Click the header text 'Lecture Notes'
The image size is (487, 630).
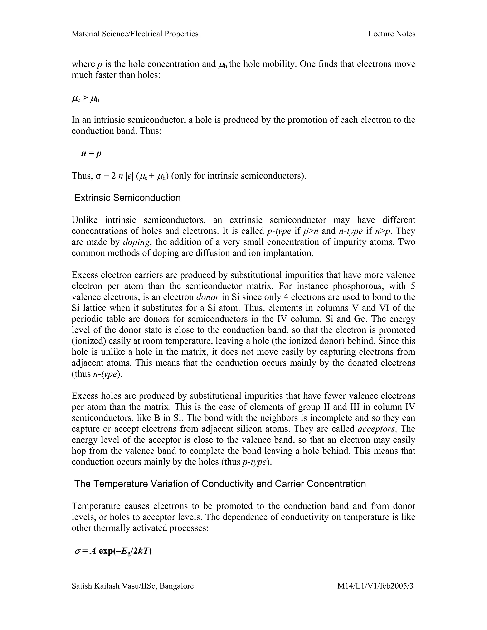[x=391, y=34]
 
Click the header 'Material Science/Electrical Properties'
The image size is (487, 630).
[x=135, y=34]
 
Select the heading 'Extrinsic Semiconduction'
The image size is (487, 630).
[x=127, y=198]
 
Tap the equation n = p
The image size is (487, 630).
[x=91, y=153]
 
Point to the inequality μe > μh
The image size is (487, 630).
[x=85, y=99]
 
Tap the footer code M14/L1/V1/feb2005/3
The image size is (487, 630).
[x=375, y=586]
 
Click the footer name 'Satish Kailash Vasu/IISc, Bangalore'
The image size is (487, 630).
[x=132, y=586]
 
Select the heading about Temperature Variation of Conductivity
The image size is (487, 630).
[x=220, y=484]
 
